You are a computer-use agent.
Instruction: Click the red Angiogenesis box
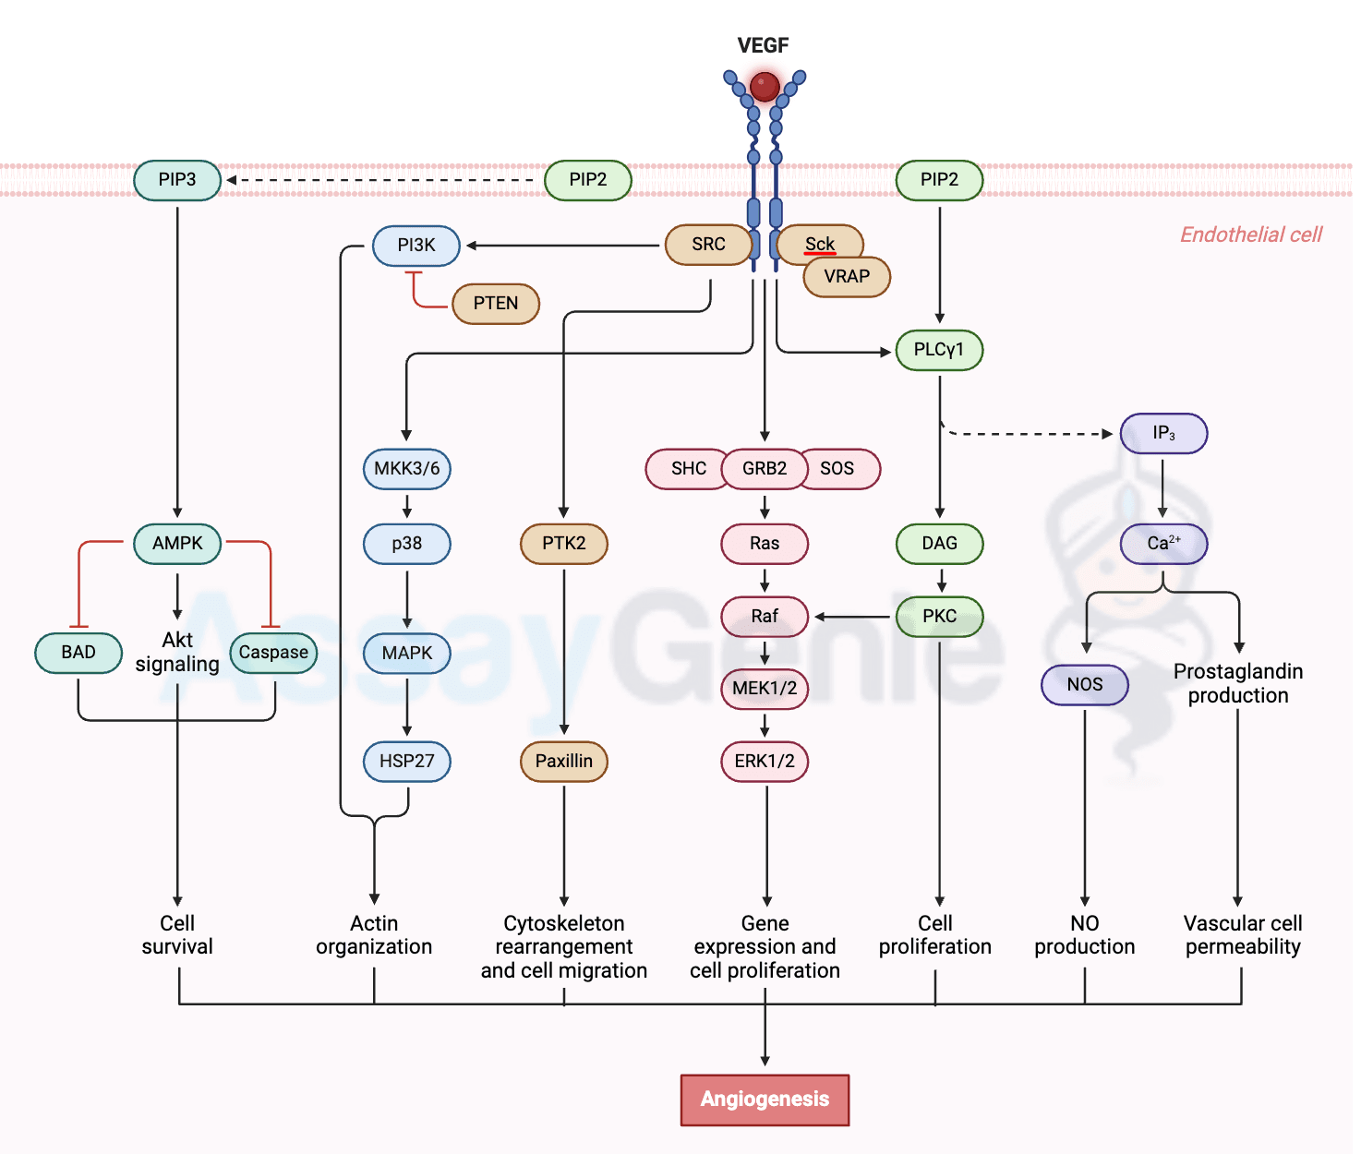[765, 1100]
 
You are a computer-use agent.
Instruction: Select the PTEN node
[496, 304]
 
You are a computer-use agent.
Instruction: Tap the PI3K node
[416, 246]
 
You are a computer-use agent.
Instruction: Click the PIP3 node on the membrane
[177, 180]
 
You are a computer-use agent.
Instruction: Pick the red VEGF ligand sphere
[765, 87]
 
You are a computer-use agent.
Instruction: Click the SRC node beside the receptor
[708, 245]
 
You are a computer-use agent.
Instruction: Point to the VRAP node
[847, 277]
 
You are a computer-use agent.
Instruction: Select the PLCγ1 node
[939, 350]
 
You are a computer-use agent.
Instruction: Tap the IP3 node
[1163, 433]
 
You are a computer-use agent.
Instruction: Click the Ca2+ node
[1163, 544]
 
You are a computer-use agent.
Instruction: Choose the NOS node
[1085, 685]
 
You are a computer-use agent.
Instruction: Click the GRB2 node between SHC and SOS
[765, 469]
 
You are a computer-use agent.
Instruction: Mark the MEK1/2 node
[765, 689]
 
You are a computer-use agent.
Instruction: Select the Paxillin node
[564, 762]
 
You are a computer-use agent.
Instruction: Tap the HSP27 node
[407, 762]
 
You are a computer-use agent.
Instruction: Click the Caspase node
[273, 653]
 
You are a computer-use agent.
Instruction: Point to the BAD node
[78, 653]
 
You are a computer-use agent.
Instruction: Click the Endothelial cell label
[1251, 234]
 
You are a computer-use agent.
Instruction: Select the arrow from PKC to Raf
[854, 617]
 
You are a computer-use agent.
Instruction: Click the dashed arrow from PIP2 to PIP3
[382, 180]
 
